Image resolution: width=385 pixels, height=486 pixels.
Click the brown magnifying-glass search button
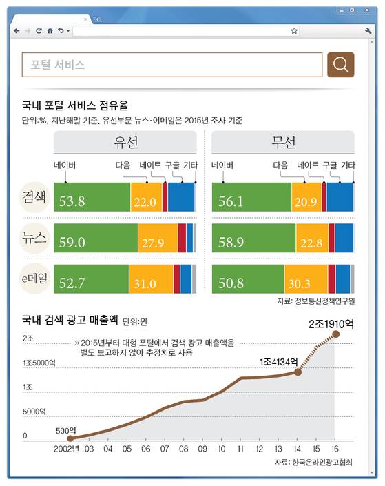340,65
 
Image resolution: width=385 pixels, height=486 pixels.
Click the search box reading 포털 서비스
172,65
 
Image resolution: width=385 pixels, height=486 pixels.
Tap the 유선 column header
126,143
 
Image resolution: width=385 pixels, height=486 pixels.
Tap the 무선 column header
283,143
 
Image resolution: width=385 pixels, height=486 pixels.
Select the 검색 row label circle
34,198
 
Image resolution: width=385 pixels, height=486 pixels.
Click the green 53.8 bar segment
92,197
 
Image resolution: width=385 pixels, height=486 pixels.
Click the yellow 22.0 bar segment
145,197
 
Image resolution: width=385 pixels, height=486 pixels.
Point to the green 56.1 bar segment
251,197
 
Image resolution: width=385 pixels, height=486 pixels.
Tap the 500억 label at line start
65,429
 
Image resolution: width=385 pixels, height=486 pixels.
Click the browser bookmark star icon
294,31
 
